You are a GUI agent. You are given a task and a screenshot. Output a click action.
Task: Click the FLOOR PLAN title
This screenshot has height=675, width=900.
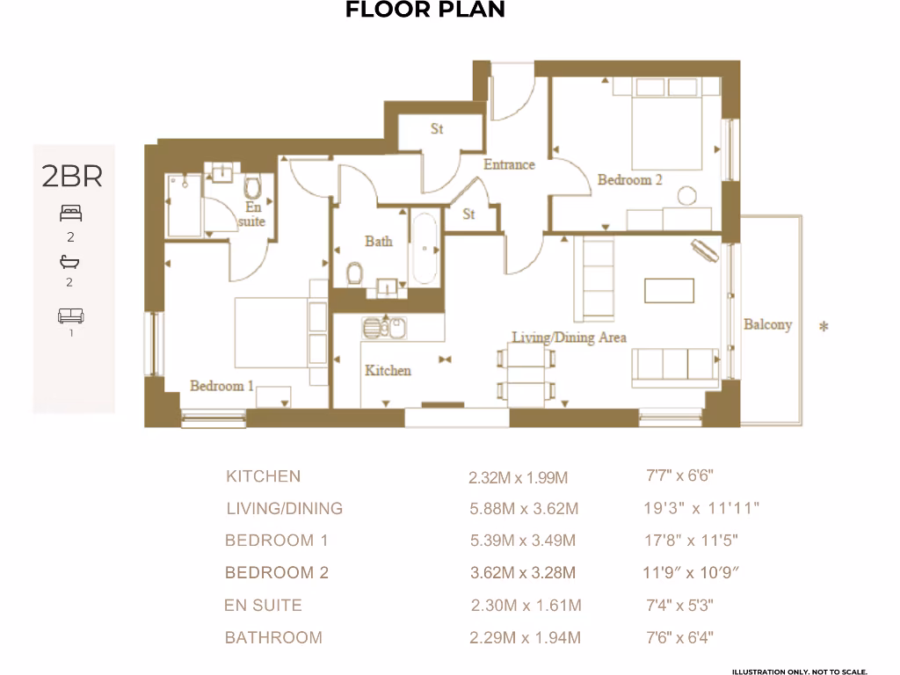[425, 11]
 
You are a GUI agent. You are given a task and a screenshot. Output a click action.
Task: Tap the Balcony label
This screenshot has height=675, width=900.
[767, 324]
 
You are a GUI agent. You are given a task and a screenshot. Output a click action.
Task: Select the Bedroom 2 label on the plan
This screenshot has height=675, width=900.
[629, 179]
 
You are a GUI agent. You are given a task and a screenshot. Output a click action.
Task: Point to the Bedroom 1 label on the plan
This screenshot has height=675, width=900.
[221, 385]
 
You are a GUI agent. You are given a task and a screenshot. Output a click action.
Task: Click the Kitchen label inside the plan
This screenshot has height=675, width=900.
[388, 370]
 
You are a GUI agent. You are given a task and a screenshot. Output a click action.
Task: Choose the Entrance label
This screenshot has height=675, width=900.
[509, 164]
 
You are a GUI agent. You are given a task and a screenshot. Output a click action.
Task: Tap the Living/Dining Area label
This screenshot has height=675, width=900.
[569, 337]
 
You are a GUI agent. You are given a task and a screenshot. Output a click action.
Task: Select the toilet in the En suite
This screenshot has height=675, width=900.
[254, 187]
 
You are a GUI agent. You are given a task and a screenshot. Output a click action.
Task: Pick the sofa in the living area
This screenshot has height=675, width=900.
[674, 367]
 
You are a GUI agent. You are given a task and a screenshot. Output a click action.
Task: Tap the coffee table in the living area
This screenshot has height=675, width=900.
[669, 290]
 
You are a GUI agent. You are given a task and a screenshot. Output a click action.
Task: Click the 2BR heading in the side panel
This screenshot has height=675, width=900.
[72, 177]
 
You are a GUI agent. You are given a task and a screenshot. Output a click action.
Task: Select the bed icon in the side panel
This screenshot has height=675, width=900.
[71, 213]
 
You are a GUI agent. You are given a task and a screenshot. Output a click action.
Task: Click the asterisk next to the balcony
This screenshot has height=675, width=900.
[824, 328]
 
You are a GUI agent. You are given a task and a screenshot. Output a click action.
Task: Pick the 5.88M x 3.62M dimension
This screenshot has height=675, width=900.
[524, 509]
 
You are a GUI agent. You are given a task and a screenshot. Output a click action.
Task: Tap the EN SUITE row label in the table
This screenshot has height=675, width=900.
[263, 605]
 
